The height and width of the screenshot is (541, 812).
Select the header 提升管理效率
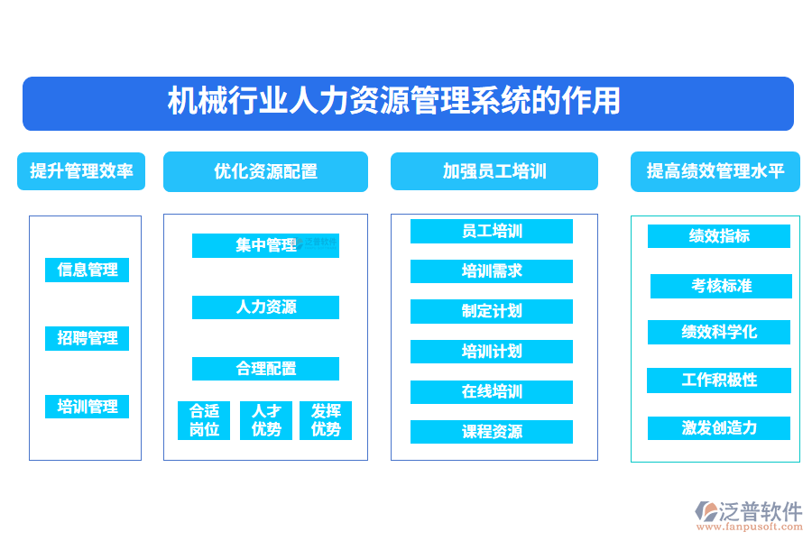[x=81, y=170]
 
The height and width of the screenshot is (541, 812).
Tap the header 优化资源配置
[x=265, y=171]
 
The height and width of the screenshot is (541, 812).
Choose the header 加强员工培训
[x=494, y=171]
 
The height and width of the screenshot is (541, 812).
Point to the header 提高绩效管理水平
[x=715, y=171]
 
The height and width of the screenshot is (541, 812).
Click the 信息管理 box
[x=88, y=270]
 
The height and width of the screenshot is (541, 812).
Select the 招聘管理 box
[x=88, y=338]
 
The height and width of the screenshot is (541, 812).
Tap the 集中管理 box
[x=265, y=245]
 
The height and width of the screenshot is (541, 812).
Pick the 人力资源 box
[x=265, y=307]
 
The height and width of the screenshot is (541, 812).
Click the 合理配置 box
[x=265, y=369]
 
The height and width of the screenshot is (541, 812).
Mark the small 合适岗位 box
[x=204, y=420]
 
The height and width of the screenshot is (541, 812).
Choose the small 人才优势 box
[x=266, y=420]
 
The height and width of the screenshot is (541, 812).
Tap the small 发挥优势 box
[x=326, y=420]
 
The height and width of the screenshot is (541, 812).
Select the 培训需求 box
[x=492, y=271]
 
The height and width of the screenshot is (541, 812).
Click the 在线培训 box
[x=492, y=392]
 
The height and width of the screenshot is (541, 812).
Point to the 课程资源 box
[x=492, y=432]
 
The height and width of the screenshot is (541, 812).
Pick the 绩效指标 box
[x=719, y=236]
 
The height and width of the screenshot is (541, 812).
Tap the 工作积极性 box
[x=719, y=381]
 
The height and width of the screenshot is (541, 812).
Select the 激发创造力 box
[x=719, y=428]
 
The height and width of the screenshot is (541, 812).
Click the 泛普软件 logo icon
[x=705, y=512]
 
